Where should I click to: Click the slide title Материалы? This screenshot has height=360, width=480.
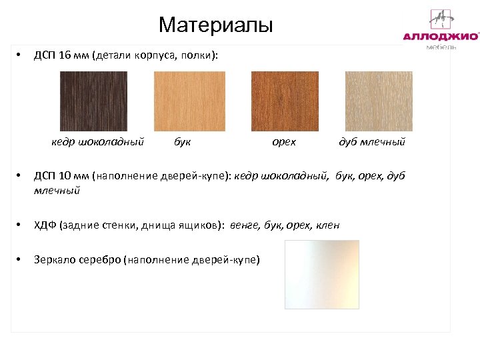[216, 26]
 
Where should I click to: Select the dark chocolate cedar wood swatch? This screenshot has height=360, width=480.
[93, 101]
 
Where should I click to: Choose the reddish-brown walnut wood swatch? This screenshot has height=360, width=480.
[285, 101]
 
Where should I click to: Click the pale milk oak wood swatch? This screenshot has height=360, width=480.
[379, 101]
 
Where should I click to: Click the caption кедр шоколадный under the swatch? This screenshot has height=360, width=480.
[98, 141]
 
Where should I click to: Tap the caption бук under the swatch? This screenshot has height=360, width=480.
[182, 141]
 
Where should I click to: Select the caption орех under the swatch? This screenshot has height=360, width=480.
[285, 141]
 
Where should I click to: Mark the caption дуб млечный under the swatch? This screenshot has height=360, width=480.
[372, 141]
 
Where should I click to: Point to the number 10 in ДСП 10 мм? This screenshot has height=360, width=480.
[65, 176]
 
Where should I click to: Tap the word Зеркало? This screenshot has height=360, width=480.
[54, 259]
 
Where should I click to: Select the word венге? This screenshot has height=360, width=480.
[245, 225]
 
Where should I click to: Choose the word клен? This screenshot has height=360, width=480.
[327, 225]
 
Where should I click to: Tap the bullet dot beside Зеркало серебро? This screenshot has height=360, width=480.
[21, 259]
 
